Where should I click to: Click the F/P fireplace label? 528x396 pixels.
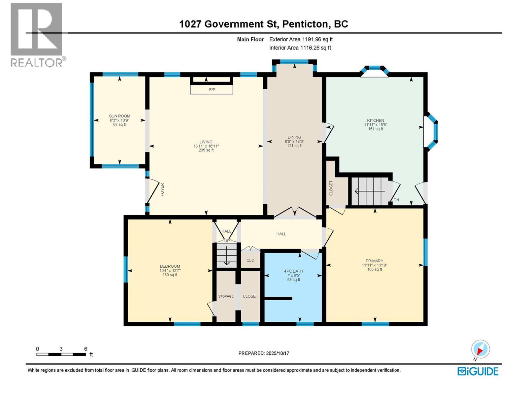click(212, 89)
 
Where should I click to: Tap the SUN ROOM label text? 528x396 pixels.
click(119, 116)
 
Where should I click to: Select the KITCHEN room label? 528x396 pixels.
click(376, 120)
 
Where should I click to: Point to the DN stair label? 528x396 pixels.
click(396, 200)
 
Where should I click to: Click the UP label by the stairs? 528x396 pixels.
click(227, 241)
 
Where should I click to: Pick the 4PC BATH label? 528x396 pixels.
click(293, 271)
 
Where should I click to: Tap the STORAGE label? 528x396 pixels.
click(226, 296)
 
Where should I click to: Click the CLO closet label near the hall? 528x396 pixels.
click(250, 260)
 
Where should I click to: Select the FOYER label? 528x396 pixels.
click(162, 190)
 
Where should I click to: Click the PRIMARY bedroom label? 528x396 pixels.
click(374, 261)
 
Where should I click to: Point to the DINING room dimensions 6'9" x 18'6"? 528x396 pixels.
click(294, 141)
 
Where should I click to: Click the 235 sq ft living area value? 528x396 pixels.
click(206, 150)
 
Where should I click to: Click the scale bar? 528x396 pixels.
click(61, 354)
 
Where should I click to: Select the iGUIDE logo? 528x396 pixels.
click(478, 371)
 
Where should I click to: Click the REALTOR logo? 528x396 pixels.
click(37, 35)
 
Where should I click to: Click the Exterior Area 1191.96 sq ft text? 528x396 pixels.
click(301, 39)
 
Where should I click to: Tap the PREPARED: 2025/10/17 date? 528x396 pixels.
click(264, 353)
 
